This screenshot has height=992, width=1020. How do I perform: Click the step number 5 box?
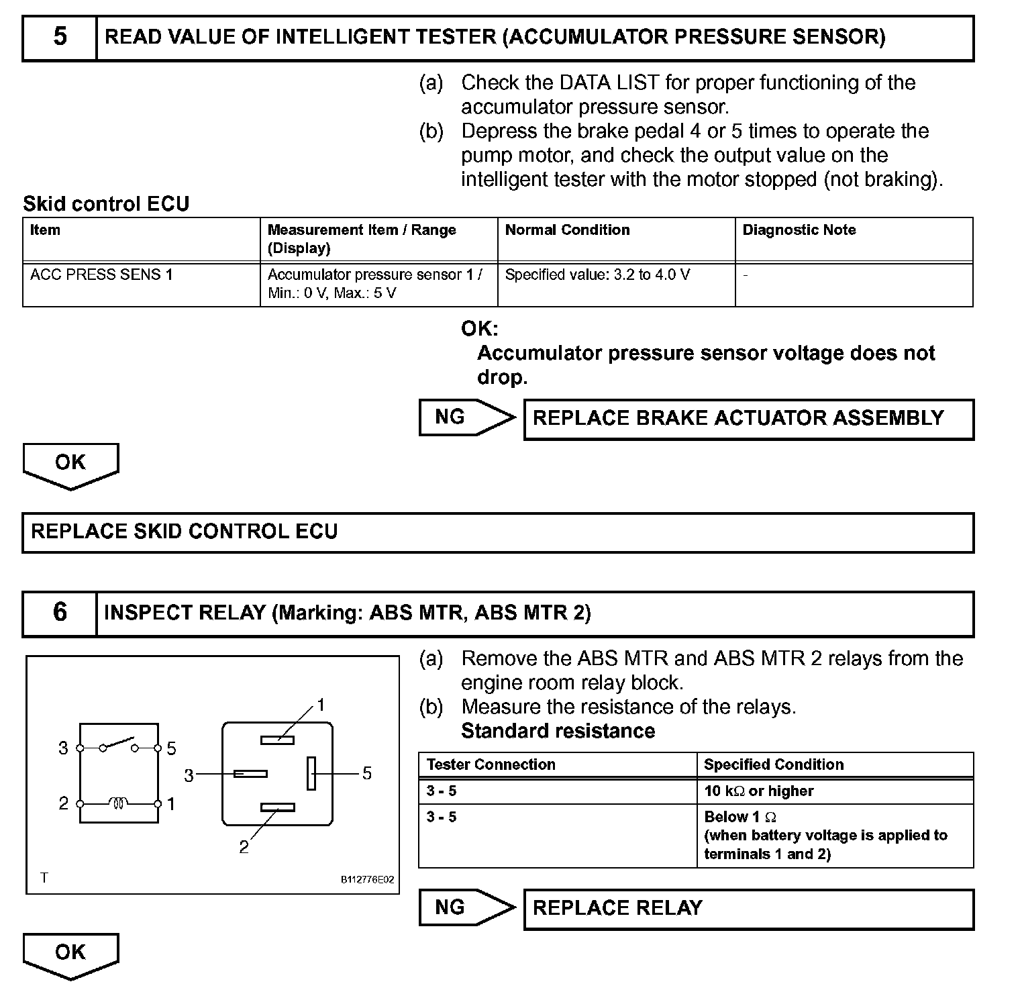pos(60,38)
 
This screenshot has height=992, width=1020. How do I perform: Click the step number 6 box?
pos(60,613)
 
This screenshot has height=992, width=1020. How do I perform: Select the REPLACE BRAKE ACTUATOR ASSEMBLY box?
pos(748,419)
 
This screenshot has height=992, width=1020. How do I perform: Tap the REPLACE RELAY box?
pos(748,909)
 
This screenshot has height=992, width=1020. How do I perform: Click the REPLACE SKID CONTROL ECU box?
pos(498,532)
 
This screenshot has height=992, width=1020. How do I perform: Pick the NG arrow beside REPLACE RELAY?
pos(466,907)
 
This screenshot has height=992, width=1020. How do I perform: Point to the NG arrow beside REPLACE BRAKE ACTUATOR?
pos(466,417)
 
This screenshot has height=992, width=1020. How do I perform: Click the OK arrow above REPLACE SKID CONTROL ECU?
pos(70,464)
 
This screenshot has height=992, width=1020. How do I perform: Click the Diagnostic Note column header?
pos(799,230)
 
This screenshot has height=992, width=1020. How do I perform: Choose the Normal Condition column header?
pos(567,230)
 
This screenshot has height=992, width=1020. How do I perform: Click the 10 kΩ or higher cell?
pos(758,791)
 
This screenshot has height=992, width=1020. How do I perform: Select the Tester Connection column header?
pos(491,764)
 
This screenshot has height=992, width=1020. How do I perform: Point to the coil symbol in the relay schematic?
pos(119,803)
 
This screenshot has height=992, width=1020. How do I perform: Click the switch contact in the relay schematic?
pos(119,744)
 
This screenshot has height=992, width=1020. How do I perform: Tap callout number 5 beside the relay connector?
pos(366,773)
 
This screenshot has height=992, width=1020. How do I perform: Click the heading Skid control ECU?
pos(106,204)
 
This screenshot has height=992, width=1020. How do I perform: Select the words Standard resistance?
pos(558,731)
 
